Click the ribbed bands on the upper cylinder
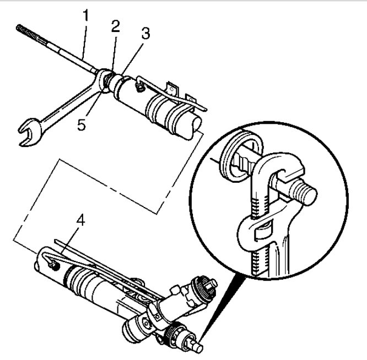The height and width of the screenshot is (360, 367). click(x=163, y=108)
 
